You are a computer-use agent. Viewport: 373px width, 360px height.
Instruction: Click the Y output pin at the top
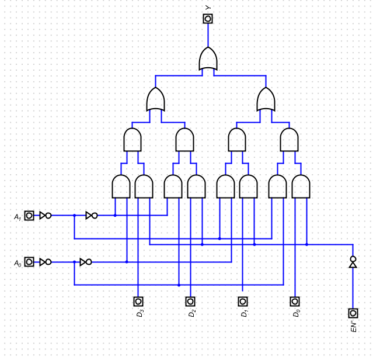[x=208, y=19]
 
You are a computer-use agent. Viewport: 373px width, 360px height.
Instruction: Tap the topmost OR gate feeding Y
[x=208, y=59]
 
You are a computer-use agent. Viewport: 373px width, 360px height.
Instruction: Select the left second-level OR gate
[x=155, y=99]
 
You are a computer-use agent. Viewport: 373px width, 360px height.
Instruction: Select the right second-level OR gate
[x=266, y=99]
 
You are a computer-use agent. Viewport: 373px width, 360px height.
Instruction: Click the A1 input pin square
[x=29, y=216]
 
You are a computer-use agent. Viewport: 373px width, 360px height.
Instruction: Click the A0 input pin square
[x=29, y=262]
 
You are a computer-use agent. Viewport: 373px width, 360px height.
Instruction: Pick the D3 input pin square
[x=138, y=302]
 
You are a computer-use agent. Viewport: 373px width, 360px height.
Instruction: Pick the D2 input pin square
[x=190, y=302]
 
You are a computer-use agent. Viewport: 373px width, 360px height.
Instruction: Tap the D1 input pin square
[x=243, y=302]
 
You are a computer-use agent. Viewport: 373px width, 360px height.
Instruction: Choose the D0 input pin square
[x=295, y=302]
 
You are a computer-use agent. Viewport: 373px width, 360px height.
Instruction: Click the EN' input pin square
[x=353, y=313]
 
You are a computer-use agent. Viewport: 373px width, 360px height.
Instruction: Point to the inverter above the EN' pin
[x=353, y=262]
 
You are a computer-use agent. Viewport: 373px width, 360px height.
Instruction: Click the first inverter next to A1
[x=45, y=216]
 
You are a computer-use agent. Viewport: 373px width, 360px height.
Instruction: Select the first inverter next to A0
[x=45, y=262]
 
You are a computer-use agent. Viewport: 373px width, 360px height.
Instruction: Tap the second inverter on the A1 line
[x=92, y=216]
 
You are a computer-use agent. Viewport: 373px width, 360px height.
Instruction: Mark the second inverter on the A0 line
[x=86, y=262]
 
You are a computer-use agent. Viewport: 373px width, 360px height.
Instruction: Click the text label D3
[x=140, y=313]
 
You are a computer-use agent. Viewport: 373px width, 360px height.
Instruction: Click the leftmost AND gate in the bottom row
[x=121, y=186]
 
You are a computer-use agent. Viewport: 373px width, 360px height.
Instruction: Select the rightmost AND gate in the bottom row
[x=301, y=186]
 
